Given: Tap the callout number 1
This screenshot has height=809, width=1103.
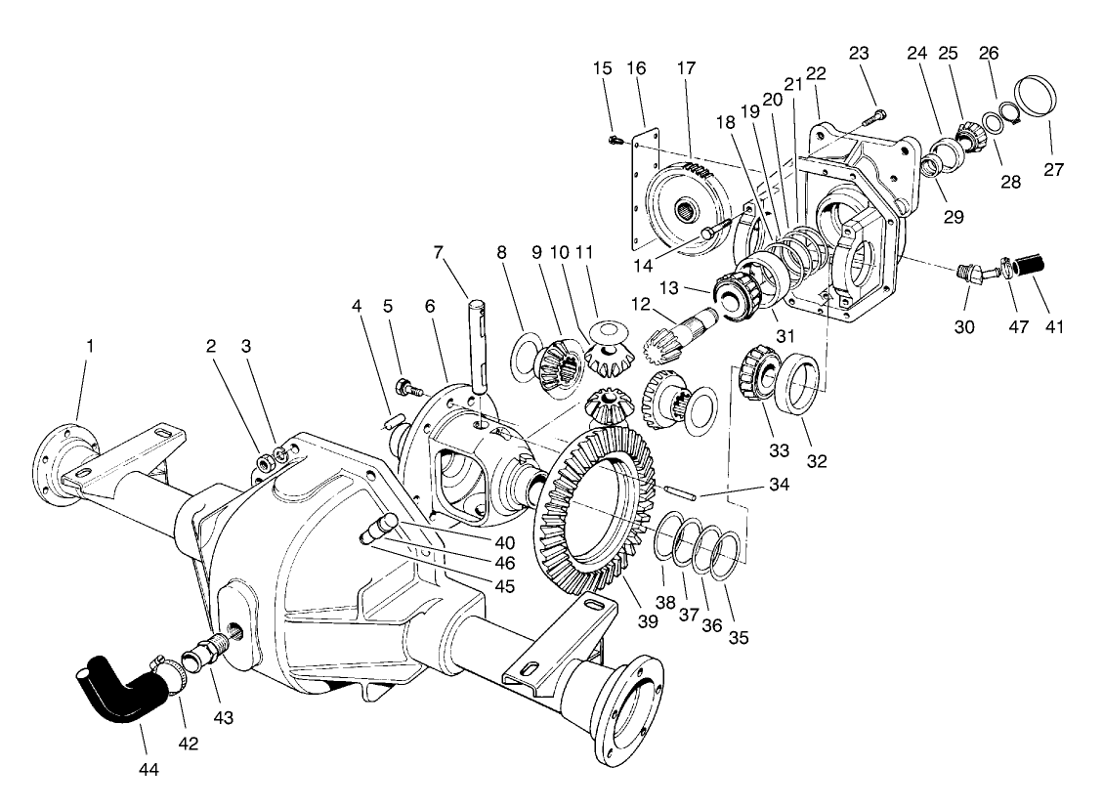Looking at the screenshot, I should point(90,346).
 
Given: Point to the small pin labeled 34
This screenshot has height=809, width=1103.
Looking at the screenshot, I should point(677,491).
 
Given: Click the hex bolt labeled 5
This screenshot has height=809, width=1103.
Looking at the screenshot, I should point(407,387).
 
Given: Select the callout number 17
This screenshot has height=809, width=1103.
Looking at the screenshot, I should point(686,70).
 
